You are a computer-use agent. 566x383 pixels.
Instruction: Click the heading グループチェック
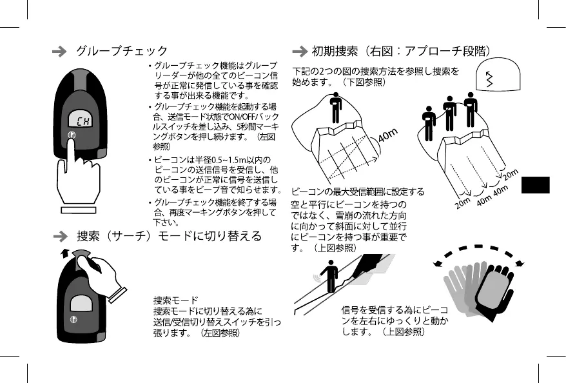click(x=122, y=51)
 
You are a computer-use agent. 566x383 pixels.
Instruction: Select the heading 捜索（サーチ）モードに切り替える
click(x=170, y=236)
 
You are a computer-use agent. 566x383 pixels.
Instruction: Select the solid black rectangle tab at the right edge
click(x=536, y=184)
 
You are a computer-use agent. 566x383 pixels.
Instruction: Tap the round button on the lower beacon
click(x=73, y=318)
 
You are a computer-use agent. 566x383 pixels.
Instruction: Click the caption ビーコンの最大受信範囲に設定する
click(x=358, y=191)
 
